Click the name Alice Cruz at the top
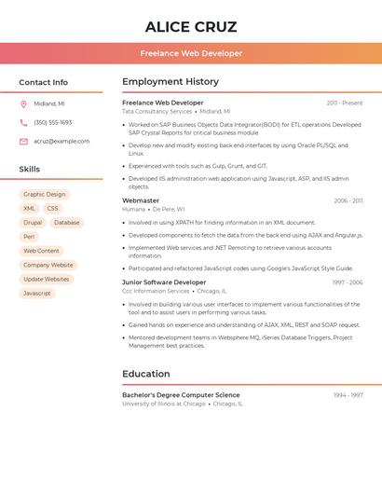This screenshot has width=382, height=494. coord(191,27)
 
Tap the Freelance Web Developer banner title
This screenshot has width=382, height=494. coord(191,53)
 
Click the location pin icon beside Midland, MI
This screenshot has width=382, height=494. coord(23,103)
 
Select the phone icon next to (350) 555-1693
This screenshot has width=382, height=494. coord(23,122)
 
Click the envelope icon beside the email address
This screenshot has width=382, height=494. coord(23,142)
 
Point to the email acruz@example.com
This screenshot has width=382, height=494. coord(61,142)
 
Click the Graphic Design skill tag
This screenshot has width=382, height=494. coord(45,195)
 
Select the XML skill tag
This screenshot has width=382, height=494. coord(29,209)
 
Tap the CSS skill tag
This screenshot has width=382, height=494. coord(52,209)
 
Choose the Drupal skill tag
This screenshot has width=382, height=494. coord(33,223)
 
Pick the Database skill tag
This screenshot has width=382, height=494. coord(66,223)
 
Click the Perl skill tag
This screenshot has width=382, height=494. coord(29,237)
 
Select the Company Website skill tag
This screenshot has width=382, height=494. coord(48,265)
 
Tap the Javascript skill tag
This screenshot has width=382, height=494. coord(37,293)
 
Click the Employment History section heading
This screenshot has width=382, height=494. coord(171,82)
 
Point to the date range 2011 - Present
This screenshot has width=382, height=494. coord(345,103)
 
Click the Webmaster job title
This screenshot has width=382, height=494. coord(141,200)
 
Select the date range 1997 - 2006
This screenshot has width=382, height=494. coord(348,282)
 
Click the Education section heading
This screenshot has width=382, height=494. coord(146,374)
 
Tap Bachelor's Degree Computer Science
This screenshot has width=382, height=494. coord(181,395)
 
